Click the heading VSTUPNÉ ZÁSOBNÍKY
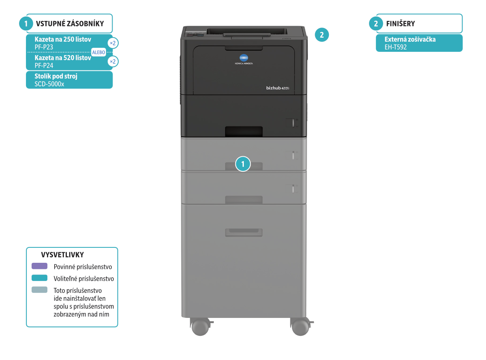pos(70,23)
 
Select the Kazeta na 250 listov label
pos(63,40)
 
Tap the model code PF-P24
pos(44,65)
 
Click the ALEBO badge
pos(98,52)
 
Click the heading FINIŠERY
pos(400,23)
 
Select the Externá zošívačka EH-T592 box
pos(419,43)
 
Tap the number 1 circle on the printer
pos(243,164)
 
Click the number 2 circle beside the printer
pos(322,35)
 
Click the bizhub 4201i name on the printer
pos(277,87)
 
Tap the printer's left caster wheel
pos(199,326)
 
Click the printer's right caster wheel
pos(300,326)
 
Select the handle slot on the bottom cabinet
pos(244,232)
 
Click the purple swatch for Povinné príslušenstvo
pos(39,266)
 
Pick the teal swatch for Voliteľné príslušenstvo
pos(39,278)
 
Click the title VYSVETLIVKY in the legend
pos(62,255)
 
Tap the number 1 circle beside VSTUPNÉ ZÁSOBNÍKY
pos(26,23)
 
